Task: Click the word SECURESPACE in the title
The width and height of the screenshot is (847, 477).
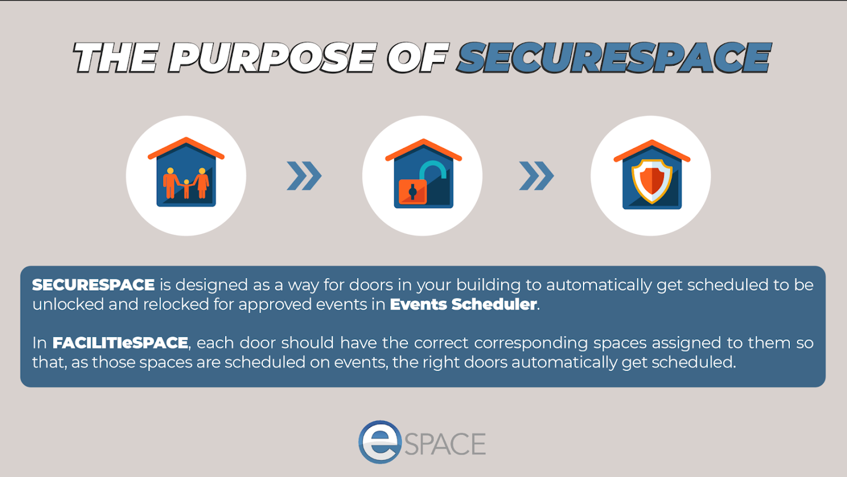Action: pyautogui.click(x=614, y=58)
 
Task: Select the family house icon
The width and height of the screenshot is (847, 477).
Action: pyautogui.click(x=186, y=172)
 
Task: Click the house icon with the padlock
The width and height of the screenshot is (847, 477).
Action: pyautogui.click(x=423, y=174)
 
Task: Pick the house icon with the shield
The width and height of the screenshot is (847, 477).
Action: pyautogui.click(x=652, y=174)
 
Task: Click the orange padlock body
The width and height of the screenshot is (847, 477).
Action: pyautogui.click(x=412, y=192)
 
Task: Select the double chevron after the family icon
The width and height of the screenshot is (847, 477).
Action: pyautogui.click(x=304, y=176)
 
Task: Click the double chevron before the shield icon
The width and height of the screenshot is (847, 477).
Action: pyautogui.click(x=536, y=176)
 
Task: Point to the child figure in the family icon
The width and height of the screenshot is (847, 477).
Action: pyautogui.click(x=186, y=189)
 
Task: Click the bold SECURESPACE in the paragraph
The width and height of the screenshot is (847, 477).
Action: pyautogui.click(x=93, y=285)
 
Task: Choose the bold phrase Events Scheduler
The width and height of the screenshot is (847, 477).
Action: pyautogui.click(x=463, y=304)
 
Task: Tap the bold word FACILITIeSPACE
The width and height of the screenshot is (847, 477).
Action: pyautogui.click(x=120, y=343)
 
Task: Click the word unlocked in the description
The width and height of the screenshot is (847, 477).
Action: pyautogui.click(x=68, y=304)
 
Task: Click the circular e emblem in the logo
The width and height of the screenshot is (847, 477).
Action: pyautogui.click(x=380, y=442)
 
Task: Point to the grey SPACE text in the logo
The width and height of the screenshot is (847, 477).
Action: pyautogui.click(x=445, y=444)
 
